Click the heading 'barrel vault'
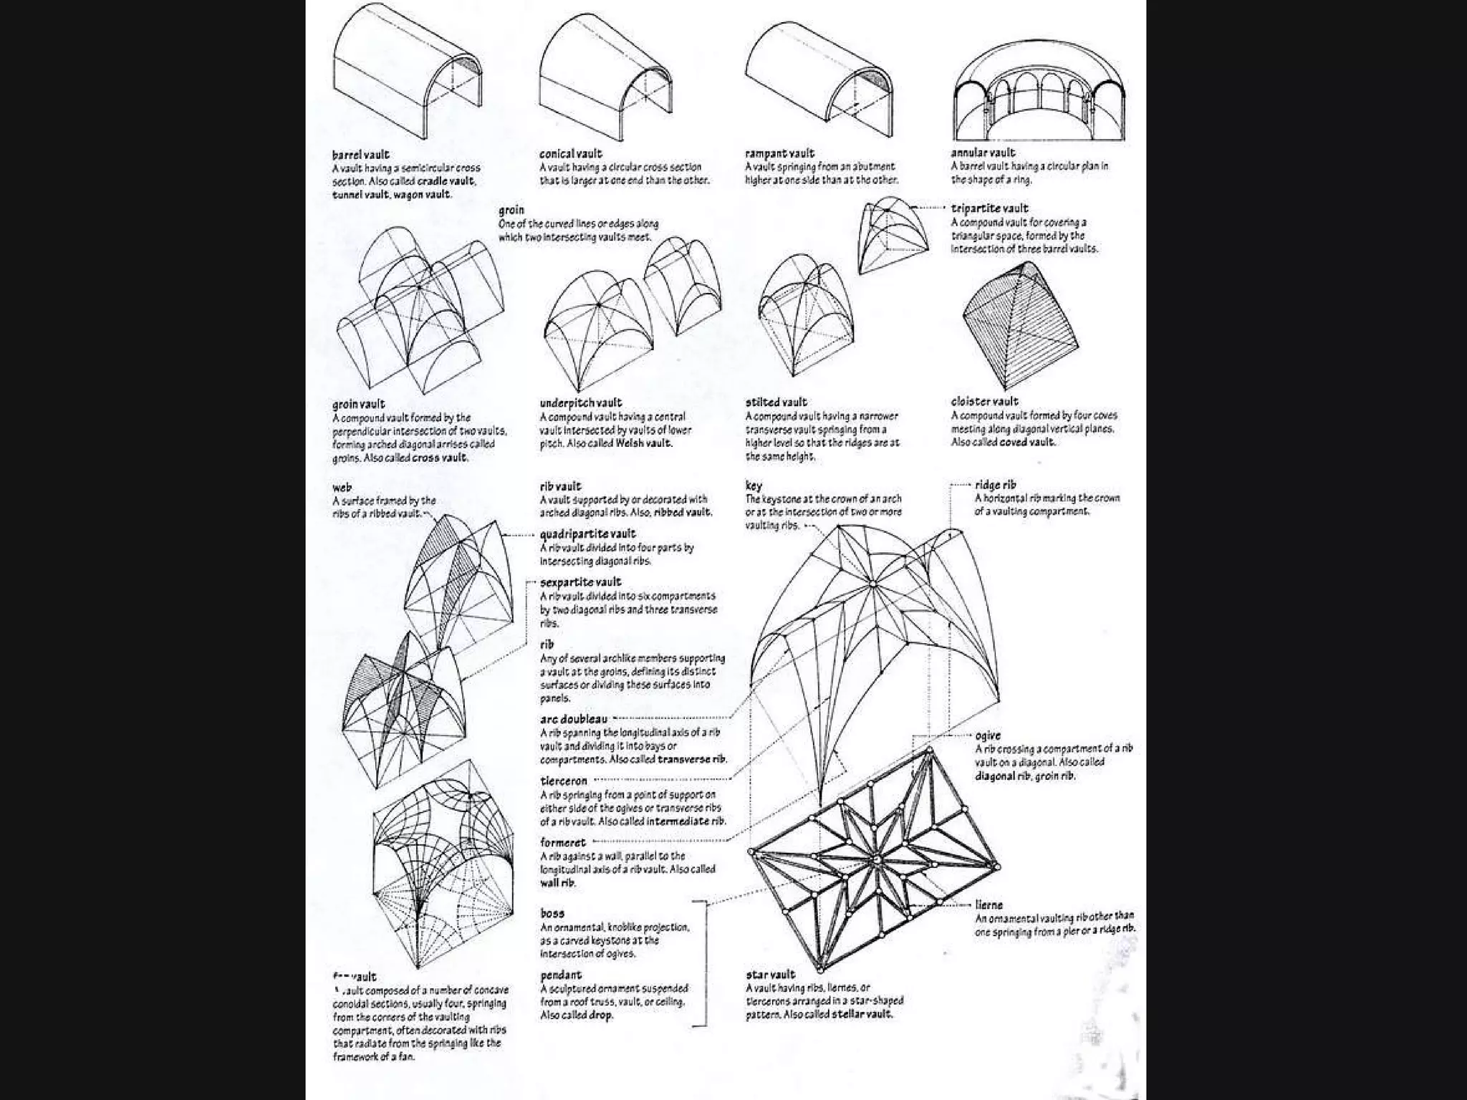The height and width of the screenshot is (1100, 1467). pyautogui.click(x=360, y=155)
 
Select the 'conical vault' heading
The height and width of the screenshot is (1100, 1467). pyautogui.click(x=571, y=154)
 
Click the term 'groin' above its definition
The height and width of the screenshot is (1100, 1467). pyautogui.click(x=511, y=210)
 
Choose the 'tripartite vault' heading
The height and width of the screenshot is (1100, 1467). pyautogui.click(x=989, y=208)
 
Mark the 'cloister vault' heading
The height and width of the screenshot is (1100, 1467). pyautogui.click(x=984, y=402)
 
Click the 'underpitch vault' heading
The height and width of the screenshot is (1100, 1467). pyautogui.click(x=581, y=402)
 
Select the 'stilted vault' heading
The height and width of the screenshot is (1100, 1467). pyautogui.click(x=776, y=402)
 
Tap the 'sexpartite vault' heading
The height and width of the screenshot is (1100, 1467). pyautogui.click(x=580, y=582)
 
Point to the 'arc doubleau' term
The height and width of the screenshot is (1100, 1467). pyautogui.click(x=574, y=719)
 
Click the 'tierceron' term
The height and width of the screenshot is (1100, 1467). pyautogui.click(x=564, y=781)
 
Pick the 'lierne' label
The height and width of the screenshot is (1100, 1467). pyautogui.click(x=989, y=905)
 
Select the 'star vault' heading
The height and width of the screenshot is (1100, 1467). pyautogui.click(x=770, y=975)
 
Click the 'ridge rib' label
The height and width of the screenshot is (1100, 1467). pyautogui.click(x=995, y=485)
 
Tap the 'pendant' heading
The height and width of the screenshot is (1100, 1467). pyautogui.click(x=561, y=975)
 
